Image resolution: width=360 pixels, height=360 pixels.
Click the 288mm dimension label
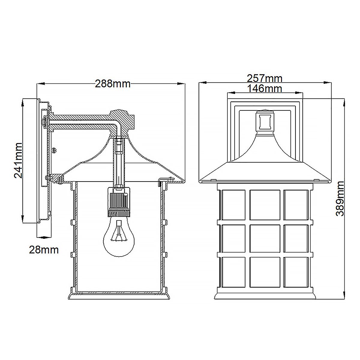pyautogui.click(x=113, y=84)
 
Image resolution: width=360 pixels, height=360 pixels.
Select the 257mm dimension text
pyautogui.click(x=264, y=79)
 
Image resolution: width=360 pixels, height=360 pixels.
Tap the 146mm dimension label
pyautogui.click(x=264, y=88)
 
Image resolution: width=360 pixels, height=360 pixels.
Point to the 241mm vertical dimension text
pyautogui.click(x=19, y=160)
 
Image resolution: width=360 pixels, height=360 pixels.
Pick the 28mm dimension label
pyautogui.click(x=43, y=250)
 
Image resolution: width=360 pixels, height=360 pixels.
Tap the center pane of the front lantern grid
pyautogui.click(x=265, y=239)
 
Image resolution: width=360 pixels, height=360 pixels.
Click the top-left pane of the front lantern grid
pyautogui.click(x=233, y=205)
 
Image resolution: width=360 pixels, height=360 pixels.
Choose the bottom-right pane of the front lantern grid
pyautogui.click(x=295, y=271)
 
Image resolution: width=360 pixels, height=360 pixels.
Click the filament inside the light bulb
pyautogui.click(x=119, y=233)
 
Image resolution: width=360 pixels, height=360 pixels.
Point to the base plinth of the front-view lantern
pyautogui.click(x=265, y=295)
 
